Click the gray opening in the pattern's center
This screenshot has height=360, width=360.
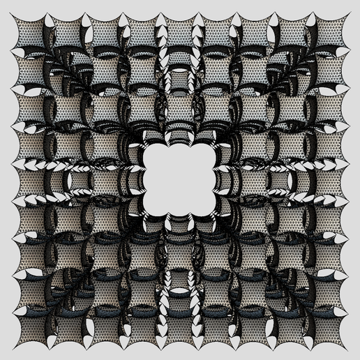(x=180, y=180)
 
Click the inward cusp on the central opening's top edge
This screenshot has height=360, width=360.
(x=180, y=148)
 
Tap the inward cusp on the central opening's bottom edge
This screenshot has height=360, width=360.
(x=180, y=212)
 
